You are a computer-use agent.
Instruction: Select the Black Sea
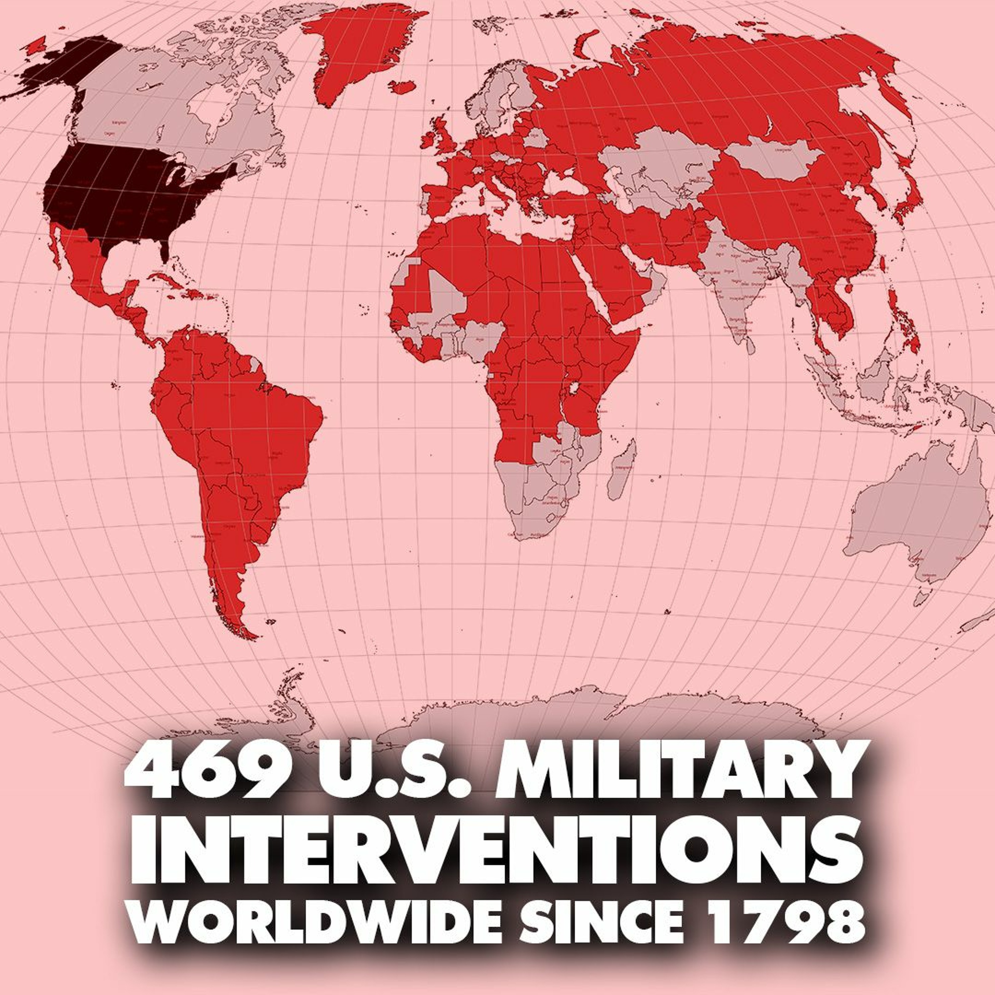tap(564, 185)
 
